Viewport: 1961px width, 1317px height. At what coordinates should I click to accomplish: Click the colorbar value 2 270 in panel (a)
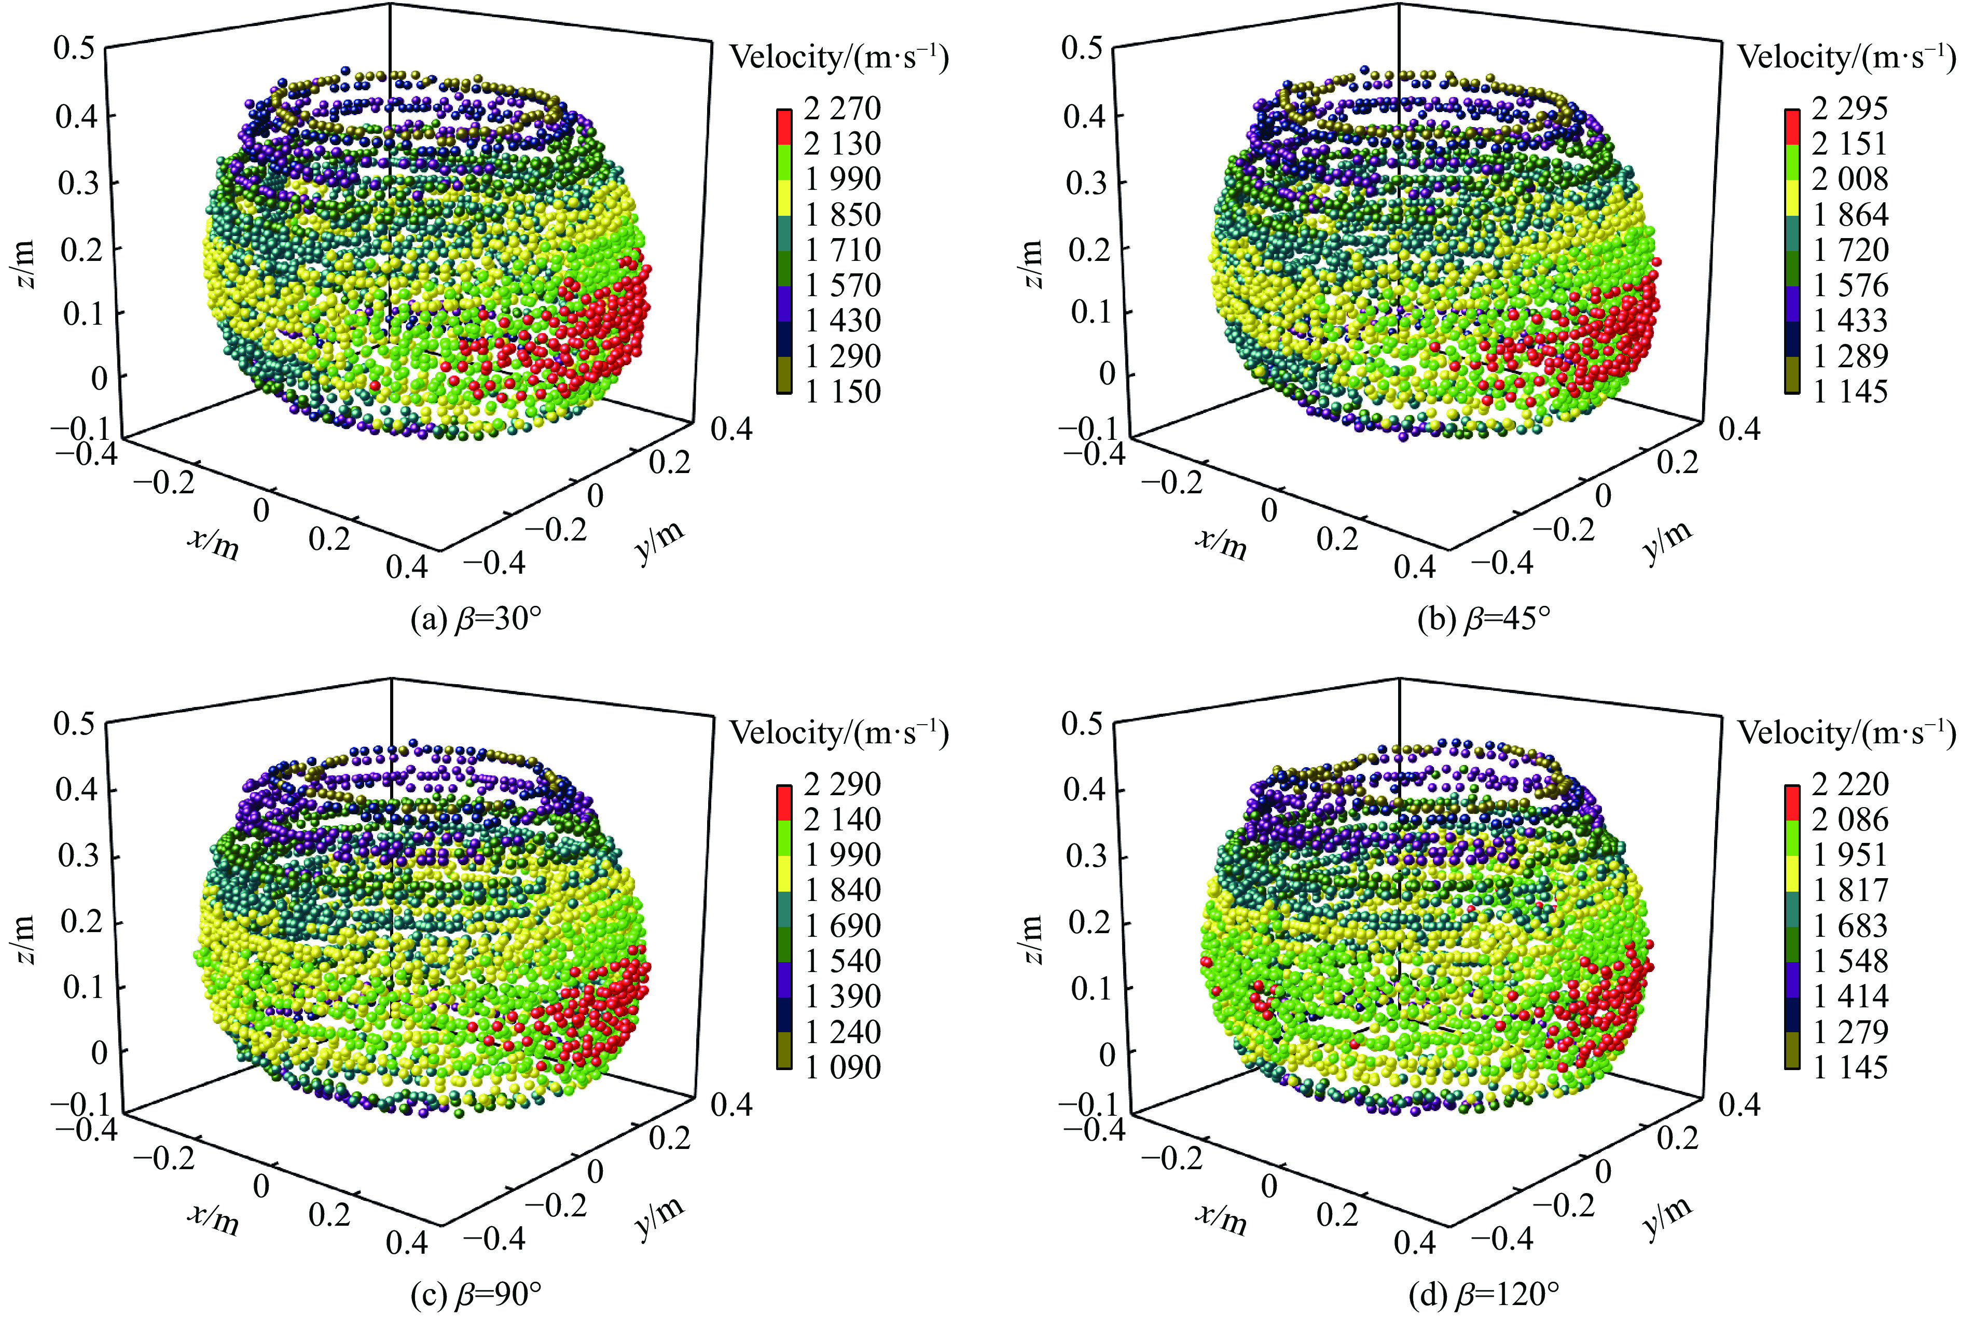[843, 108]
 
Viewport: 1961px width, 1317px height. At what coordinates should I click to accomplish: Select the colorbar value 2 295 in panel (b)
[1850, 108]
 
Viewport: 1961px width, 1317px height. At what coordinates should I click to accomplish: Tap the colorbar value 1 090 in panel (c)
[843, 1068]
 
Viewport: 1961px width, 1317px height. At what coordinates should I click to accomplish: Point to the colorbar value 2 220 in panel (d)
[1850, 784]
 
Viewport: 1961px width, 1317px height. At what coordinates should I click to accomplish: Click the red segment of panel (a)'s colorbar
[784, 127]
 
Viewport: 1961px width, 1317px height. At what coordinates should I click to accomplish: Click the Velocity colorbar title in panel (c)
[839, 733]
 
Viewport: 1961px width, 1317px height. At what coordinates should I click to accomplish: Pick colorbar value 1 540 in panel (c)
[843, 961]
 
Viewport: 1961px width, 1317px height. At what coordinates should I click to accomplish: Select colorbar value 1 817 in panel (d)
[1850, 890]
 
